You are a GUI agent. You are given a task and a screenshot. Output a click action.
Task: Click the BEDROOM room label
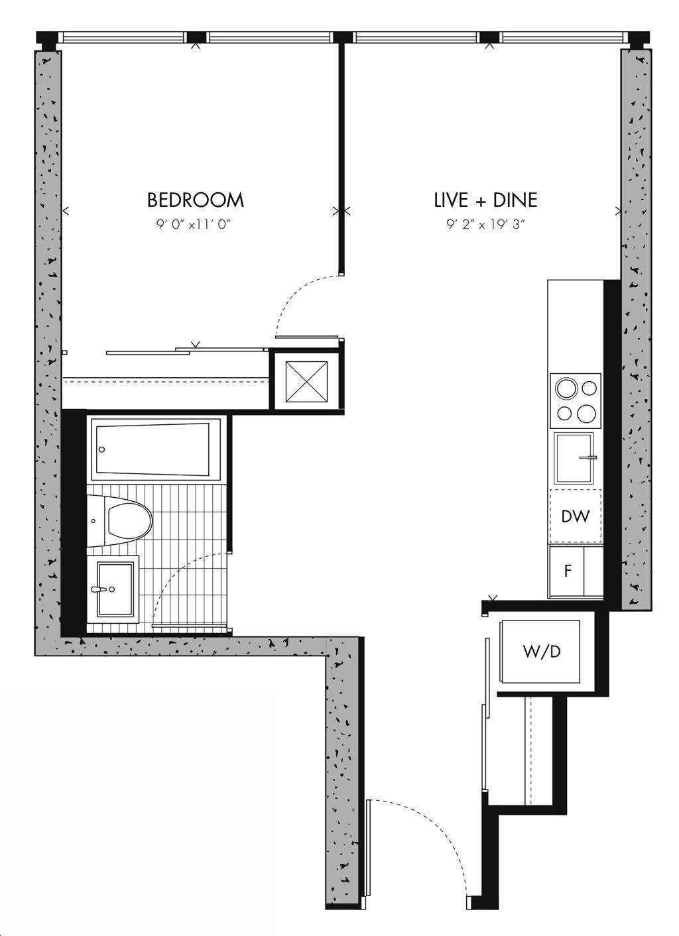click(x=195, y=200)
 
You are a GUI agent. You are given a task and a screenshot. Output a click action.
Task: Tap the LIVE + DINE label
click(x=485, y=200)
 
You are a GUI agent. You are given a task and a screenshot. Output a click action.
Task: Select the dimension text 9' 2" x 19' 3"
click(x=485, y=225)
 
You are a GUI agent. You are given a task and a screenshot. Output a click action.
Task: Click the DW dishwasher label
click(x=576, y=516)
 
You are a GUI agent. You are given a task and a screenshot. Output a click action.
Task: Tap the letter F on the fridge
click(x=568, y=571)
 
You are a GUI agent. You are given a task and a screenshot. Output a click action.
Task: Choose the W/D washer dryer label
click(x=541, y=651)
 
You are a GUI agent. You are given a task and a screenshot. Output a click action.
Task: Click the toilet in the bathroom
click(x=119, y=521)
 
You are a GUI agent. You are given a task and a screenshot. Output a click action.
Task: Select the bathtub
click(x=156, y=449)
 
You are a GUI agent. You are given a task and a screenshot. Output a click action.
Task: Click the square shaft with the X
click(x=306, y=382)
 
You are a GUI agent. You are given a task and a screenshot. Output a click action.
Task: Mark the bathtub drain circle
click(x=101, y=449)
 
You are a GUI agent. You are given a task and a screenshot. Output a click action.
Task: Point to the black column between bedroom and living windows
click(x=341, y=38)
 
